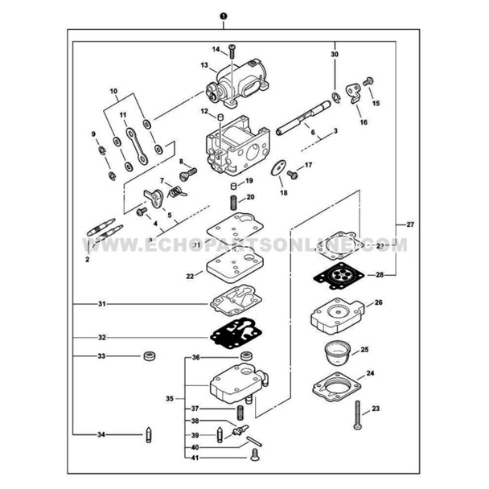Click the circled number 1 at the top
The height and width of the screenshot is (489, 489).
[x=223, y=15]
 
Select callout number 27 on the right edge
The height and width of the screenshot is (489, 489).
[x=410, y=224]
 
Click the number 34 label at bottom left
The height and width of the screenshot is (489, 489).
[x=101, y=434]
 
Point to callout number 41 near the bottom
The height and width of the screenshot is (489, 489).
[x=194, y=458]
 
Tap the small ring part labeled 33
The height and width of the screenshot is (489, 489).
[x=149, y=355]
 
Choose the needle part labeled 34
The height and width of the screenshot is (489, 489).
[x=149, y=434]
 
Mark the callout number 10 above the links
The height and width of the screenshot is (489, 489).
[x=113, y=92]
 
